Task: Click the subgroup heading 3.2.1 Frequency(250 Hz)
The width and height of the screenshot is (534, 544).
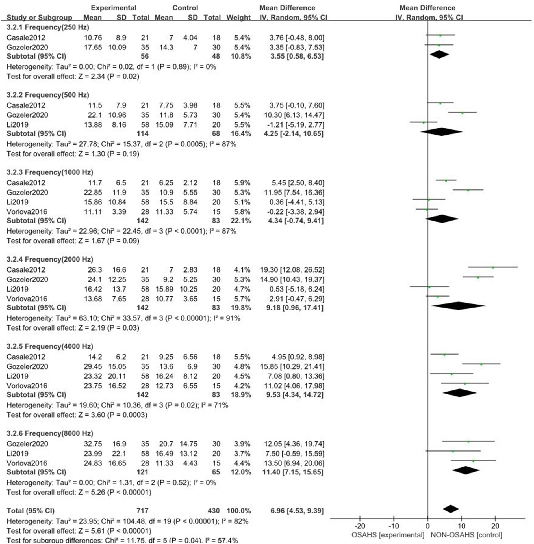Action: (x=48, y=27)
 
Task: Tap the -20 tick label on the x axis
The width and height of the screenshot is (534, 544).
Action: (x=360, y=526)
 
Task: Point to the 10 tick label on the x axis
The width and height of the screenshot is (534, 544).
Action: (x=461, y=526)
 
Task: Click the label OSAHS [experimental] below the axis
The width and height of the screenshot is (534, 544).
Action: (x=388, y=535)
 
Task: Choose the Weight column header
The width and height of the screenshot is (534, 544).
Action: (x=238, y=18)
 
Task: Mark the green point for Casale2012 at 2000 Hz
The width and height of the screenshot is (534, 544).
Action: (x=493, y=267)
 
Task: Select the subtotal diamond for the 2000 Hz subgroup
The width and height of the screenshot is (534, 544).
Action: (x=459, y=306)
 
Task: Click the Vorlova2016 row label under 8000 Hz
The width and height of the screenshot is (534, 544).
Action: (x=27, y=463)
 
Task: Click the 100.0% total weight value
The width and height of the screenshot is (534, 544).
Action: (x=238, y=511)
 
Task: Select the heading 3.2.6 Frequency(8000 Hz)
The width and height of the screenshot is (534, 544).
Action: (x=50, y=433)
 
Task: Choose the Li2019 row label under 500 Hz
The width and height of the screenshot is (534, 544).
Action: (x=18, y=125)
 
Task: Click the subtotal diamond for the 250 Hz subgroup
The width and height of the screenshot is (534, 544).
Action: (x=439, y=54)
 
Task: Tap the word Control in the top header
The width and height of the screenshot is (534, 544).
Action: (x=185, y=8)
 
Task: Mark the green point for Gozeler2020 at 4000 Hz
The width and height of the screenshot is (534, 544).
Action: (x=481, y=364)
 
